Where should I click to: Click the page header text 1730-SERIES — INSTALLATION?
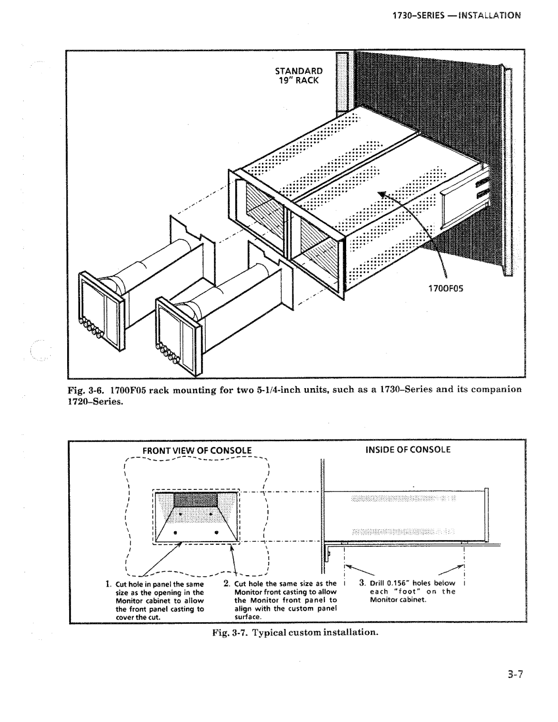(456, 16)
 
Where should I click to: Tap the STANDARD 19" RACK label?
(299, 76)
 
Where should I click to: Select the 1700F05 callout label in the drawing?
(446, 288)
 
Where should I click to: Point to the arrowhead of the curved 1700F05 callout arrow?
(382, 194)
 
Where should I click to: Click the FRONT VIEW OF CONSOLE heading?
(197, 451)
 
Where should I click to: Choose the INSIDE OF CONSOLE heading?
(408, 450)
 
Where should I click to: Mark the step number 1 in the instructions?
(107, 584)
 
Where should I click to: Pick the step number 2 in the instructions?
(226, 583)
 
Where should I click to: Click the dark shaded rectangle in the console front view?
(196, 500)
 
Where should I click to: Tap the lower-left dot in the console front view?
(175, 533)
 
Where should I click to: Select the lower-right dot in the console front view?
(216, 533)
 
